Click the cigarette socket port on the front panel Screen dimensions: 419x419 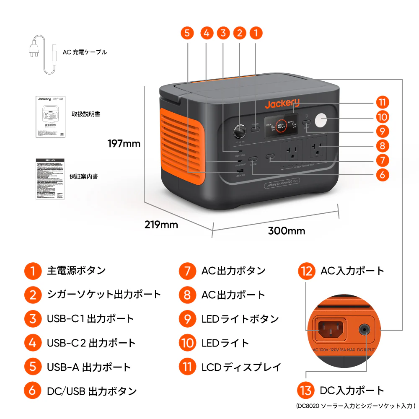point(240,132)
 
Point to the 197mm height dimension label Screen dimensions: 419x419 point(124,144)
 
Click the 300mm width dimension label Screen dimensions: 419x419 point(287,231)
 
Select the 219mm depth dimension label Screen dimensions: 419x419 point(161,225)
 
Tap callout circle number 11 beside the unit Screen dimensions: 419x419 point(382,102)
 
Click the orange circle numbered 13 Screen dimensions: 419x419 point(306,391)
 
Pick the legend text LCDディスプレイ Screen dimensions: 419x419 point(241,367)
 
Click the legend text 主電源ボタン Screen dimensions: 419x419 point(76,271)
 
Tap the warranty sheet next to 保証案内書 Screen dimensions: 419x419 point(50,178)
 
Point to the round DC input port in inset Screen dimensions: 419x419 point(365,329)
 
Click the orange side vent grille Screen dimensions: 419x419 point(181,145)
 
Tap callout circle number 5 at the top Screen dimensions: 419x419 point(188,33)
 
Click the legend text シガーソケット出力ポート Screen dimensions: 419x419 point(104,294)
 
